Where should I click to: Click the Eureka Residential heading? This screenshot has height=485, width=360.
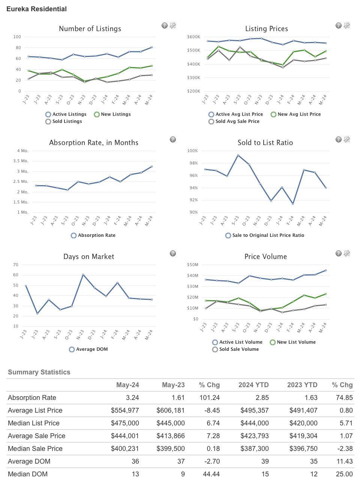36,9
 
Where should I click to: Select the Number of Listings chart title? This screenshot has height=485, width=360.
90,29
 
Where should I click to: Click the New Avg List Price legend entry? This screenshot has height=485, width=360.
295,114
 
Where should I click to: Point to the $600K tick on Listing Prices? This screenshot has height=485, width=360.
193,37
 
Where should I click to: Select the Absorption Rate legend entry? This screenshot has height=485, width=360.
93,235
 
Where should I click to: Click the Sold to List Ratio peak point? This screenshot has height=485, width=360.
238,155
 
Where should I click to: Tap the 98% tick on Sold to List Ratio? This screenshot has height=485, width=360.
193,163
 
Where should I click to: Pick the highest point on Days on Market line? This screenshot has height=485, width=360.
83,275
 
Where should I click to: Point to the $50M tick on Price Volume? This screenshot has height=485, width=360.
193,265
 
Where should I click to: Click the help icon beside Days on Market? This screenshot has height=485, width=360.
173,253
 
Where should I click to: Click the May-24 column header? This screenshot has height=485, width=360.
127,385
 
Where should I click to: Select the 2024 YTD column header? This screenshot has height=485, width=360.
253,385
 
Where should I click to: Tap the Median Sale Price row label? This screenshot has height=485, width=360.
35,449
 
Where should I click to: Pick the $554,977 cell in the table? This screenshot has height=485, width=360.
125,410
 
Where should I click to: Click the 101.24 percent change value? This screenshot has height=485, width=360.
210,398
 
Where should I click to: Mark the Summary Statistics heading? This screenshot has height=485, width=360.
39,372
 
